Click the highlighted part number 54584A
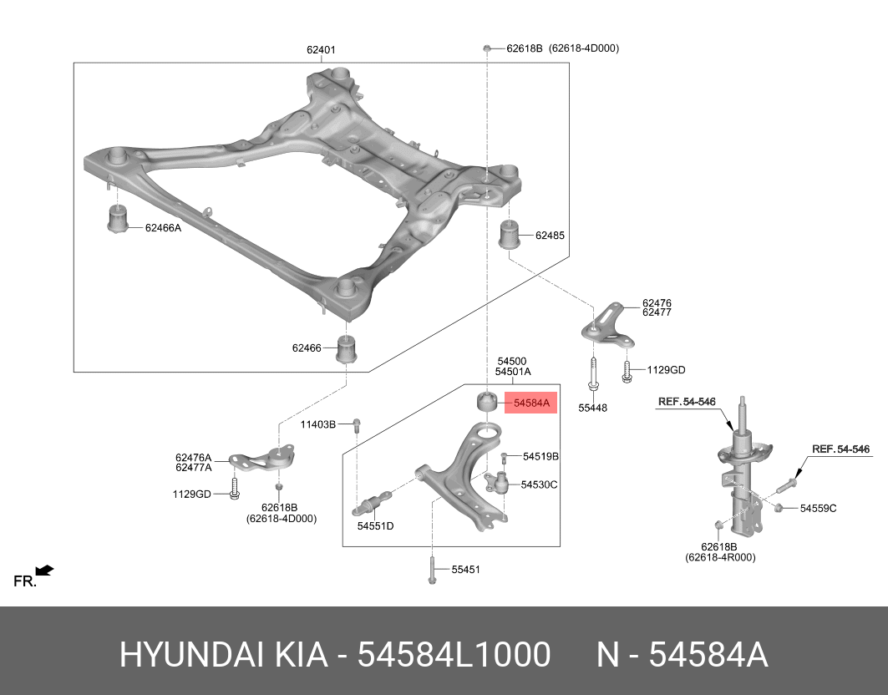tap(531, 403)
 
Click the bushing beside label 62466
tap(348, 348)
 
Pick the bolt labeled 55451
tap(433, 571)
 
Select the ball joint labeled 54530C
tap(499, 484)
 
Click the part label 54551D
tap(375, 526)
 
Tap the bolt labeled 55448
tap(592, 373)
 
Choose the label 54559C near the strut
tap(818, 508)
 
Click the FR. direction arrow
tap(44, 571)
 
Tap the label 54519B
tap(540, 457)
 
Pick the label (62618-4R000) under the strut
tap(720, 557)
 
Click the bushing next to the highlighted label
tap(485, 402)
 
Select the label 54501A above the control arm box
tap(513, 372)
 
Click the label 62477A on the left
tap(194, 468)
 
